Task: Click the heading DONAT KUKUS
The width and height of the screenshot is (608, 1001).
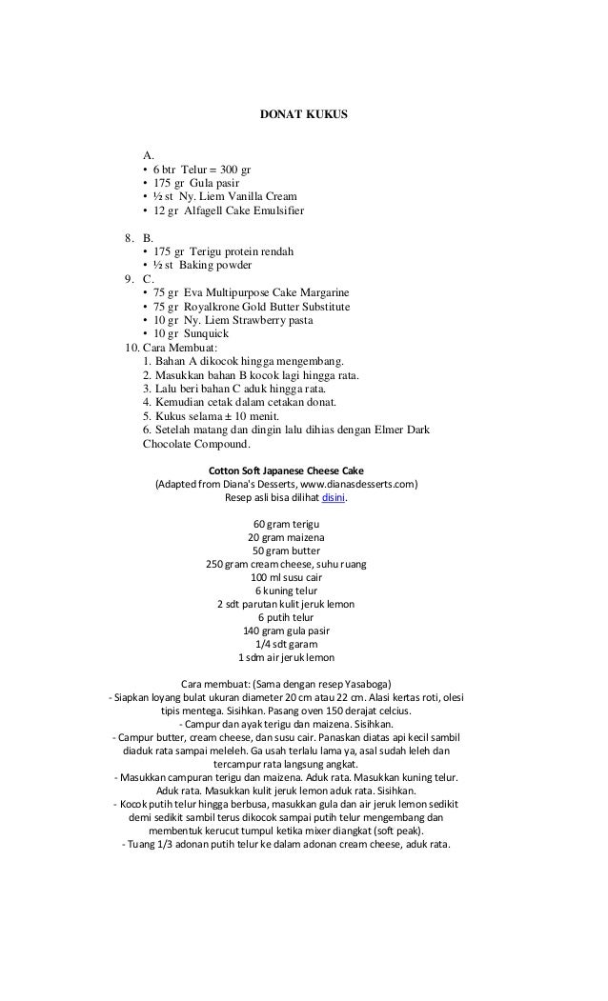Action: (304, 115)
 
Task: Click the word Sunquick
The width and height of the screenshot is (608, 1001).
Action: (207, 335)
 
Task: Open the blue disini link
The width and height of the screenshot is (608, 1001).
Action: (333, 496)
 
